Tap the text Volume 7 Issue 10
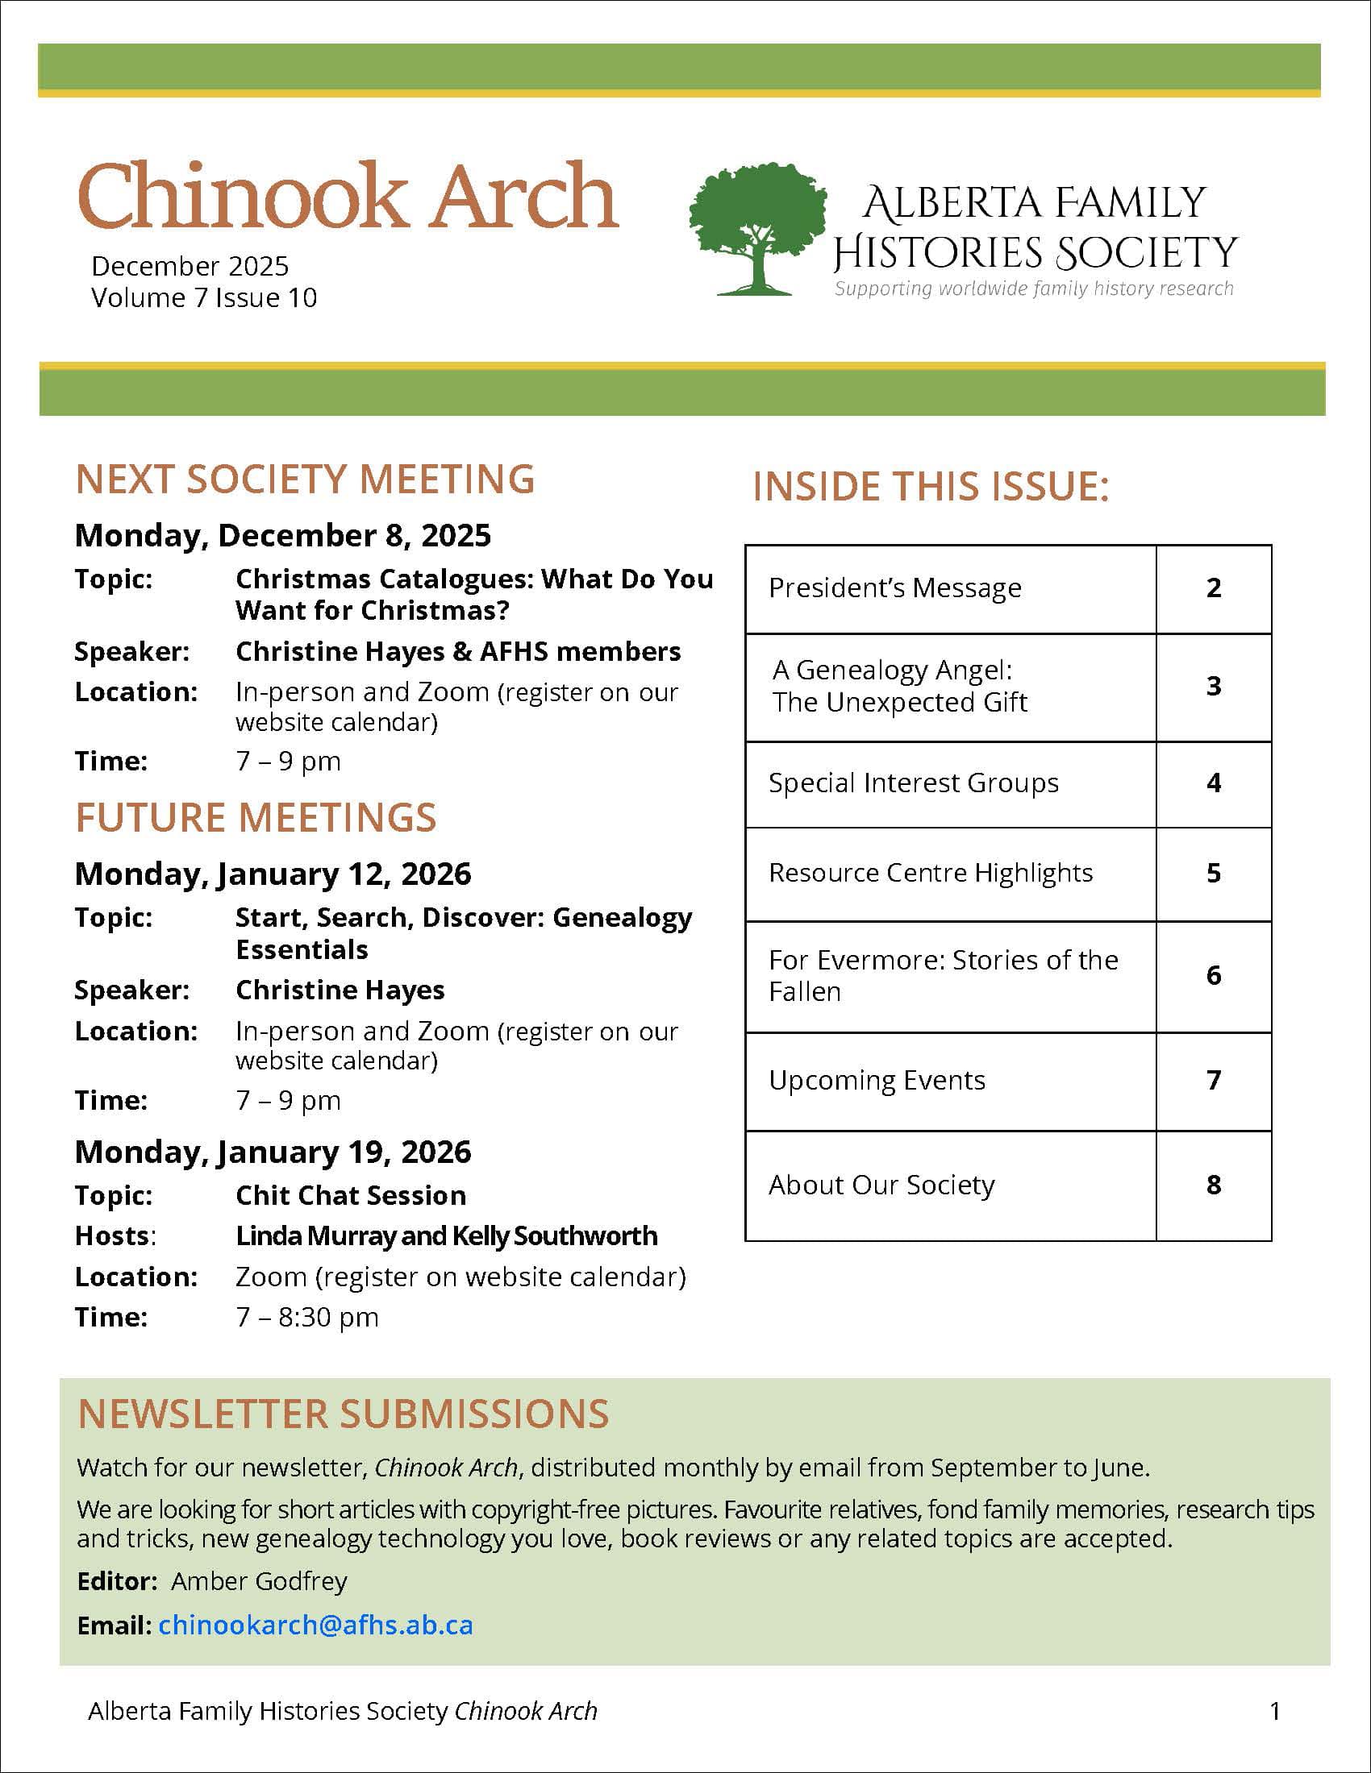pyautogui.click(x=204, y=298)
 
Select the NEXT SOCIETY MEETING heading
pyautogui.click(x=305, y=479)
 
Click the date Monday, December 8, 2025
pyautogui.click(x=282, y=536)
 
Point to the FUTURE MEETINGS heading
pyautogui.click(x=256, y=817)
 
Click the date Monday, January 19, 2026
pyautogui.click(x=273, y=1152)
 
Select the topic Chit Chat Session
pyautogui.click(x=351, y=1196)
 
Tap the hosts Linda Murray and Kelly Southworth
pyautogui.click(x=447, y=1235)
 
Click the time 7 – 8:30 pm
pyautogui.click(x=307, y=1317)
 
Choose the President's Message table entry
pyautogui.click(x=895, y=588)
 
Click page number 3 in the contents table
pyautogui.click(x=1214, y=686)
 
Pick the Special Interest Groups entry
pyautogui.click(x=914, y=783)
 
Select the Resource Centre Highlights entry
pyautogui.click(x=931, y=873)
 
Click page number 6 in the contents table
pyautogui.click(x=1214, y=975)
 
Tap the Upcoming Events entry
pyautogui.click(x=877, y=1081)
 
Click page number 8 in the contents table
pyautogui.click(x=1214, y=1185)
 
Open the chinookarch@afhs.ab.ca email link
pyautogui.click(x=316, y=1625)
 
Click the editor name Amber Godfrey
pyautogui.click(x=259, y=1580)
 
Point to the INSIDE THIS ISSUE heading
pyautogui.click(x=931, y=487)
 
